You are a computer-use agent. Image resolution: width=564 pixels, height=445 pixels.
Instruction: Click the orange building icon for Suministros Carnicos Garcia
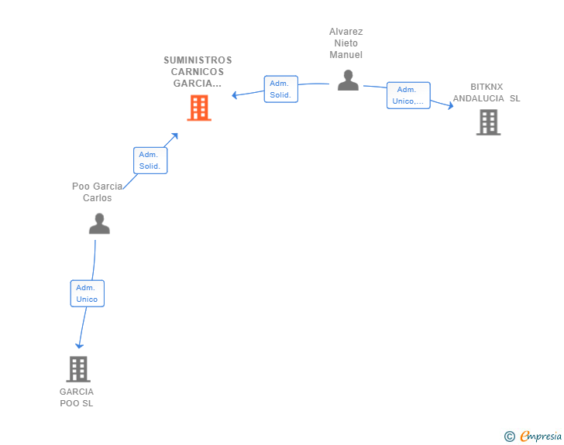(199, 108)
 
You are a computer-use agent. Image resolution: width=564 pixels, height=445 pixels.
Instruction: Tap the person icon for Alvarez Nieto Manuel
(348, 80)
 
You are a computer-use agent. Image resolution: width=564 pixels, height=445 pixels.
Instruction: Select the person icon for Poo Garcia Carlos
(99, 224)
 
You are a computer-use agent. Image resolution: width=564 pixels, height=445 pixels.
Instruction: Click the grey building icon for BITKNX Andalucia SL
(488, 122)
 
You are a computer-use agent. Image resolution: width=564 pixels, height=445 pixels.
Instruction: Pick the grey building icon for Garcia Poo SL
(77, 369)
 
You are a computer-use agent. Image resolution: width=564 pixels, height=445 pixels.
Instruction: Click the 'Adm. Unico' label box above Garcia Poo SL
(87, 293)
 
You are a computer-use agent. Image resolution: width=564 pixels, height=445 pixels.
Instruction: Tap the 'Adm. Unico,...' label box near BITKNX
(408, 95)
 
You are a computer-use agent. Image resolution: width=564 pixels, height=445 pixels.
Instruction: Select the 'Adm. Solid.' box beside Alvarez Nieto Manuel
(280, 89)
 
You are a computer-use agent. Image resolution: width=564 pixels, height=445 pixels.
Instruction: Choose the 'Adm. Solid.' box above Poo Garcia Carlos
(150, 160)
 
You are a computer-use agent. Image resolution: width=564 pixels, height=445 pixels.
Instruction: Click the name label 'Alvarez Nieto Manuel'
(346, 43)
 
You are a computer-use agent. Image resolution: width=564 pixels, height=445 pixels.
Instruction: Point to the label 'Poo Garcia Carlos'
(98, 192)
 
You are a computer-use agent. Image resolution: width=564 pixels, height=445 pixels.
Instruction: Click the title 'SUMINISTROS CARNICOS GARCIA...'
(198, 71)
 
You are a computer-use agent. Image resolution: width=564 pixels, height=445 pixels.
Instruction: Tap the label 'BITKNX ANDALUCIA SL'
(487, 93)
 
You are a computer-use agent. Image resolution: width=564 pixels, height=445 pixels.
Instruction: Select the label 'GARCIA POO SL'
(77, 397)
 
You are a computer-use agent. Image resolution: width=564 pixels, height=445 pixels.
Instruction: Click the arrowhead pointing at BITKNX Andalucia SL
(449, 106)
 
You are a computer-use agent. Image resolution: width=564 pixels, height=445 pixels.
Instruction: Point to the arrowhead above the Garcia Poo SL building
(79, 345)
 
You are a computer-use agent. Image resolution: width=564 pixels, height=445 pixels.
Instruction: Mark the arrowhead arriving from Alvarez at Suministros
(236, 95)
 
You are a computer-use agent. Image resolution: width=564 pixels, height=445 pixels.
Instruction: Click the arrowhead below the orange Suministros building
(175, 135)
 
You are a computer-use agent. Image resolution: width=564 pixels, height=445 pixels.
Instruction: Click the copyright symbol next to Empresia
(509, 436)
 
